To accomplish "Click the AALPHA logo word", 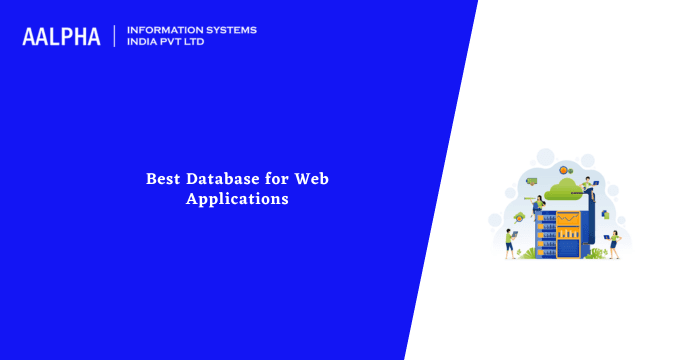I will pos(62,36).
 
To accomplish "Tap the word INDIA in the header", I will pos(143,43).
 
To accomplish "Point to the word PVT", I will pos(175,43).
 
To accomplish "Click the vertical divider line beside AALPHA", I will pos(115,36).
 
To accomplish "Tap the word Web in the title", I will pos(311,179).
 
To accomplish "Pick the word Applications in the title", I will pos(237,199).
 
